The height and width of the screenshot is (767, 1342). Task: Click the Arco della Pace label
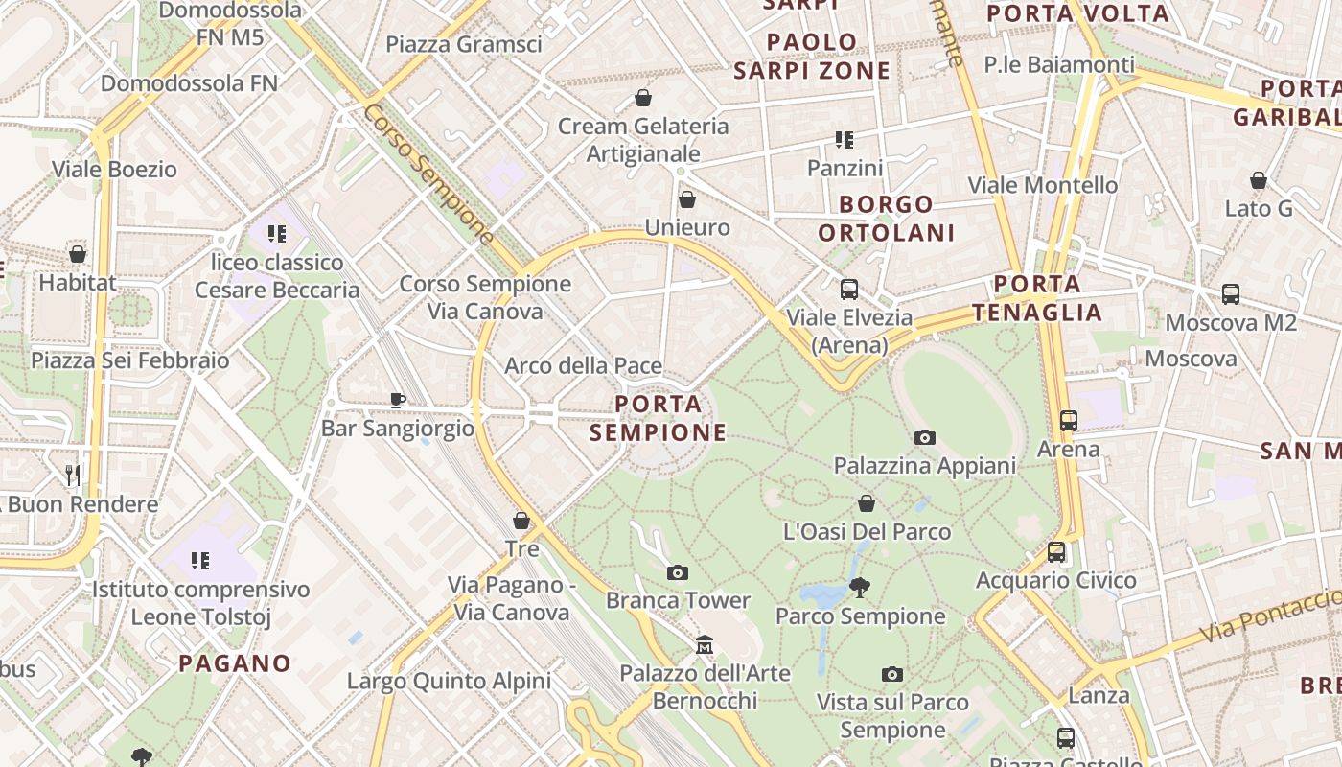583,365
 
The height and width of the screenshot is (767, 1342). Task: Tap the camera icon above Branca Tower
678,572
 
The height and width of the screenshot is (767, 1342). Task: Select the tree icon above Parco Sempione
860,587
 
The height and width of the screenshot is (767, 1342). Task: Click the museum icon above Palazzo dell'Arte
705,644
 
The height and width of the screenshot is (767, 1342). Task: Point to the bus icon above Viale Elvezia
848,289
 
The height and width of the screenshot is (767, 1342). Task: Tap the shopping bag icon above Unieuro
687,199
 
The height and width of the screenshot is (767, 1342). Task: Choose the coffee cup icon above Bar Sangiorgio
398,400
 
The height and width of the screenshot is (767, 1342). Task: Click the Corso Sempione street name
428,173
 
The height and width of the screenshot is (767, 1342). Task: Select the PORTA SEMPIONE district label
658,419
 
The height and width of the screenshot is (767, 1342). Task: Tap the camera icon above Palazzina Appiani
924,437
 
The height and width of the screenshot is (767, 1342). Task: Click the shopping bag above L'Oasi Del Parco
867,503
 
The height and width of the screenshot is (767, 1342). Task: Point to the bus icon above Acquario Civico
1055,552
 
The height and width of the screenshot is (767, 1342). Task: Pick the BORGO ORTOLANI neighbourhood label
887,219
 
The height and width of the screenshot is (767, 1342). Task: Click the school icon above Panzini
845,140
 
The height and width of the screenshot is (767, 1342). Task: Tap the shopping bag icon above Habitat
78,254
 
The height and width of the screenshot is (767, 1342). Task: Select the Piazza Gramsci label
464,44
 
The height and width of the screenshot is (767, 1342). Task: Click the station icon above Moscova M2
1231,294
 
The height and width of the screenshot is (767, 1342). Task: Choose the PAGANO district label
235,663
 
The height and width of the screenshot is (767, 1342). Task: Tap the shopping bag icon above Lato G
1259,180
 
